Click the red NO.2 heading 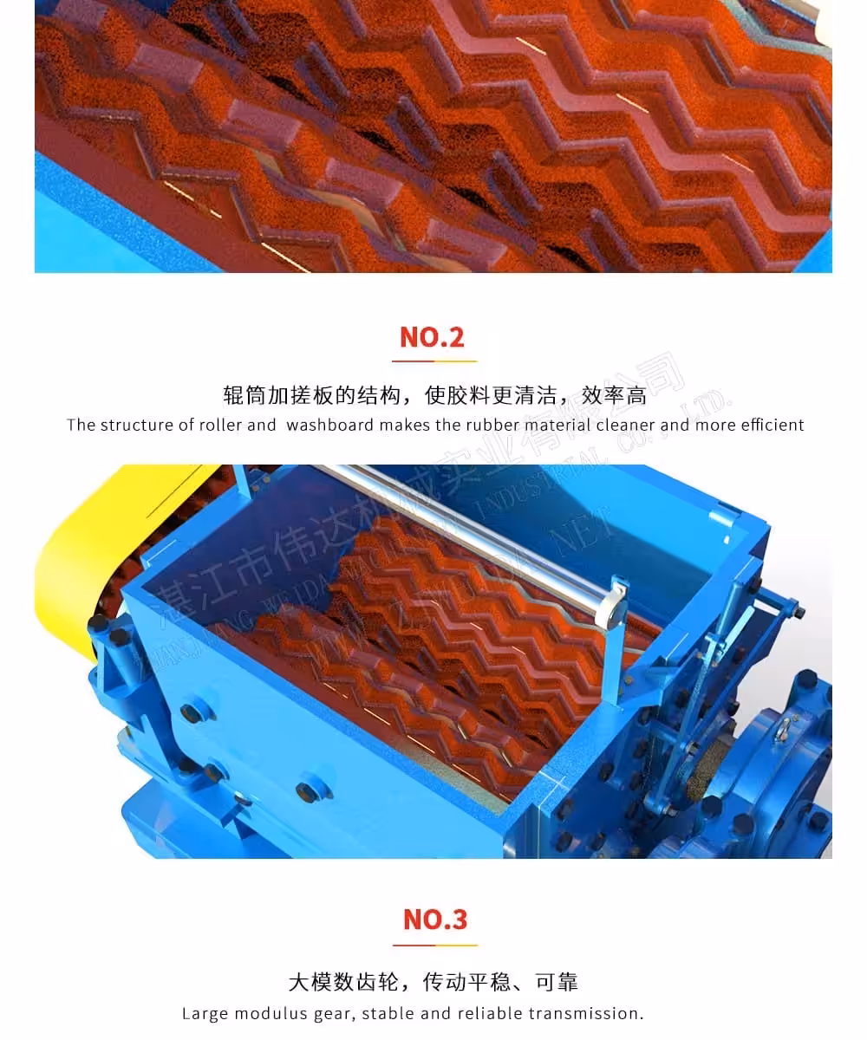pos(433,336)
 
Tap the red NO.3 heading pos(434,919)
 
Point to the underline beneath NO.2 pos(433,360)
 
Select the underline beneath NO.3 pos(434,944)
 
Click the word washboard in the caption pos(329,425)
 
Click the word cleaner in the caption pos(626,425)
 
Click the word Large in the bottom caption pos(205,1013)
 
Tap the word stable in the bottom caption pos(388,1013)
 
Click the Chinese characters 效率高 pos(615,396)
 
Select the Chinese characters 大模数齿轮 pos(343,982)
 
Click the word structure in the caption pos(136,425)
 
